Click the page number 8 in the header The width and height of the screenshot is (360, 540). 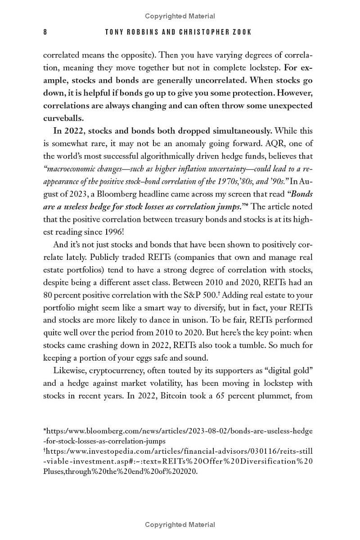pyautogui.click(x=45, y=32)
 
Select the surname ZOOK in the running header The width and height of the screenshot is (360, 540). pyautogui.click(x=241, y=32)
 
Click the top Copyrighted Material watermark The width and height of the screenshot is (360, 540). pyautogui.click(x=180, y=16)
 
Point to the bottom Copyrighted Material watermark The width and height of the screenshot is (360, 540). pyautogui.click(x=180, y=525)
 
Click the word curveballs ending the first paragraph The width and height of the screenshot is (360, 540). pyautogui.click(x=63, y=118)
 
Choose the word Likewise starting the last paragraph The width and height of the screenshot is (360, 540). pyautogui.click(x=69, y=371)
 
